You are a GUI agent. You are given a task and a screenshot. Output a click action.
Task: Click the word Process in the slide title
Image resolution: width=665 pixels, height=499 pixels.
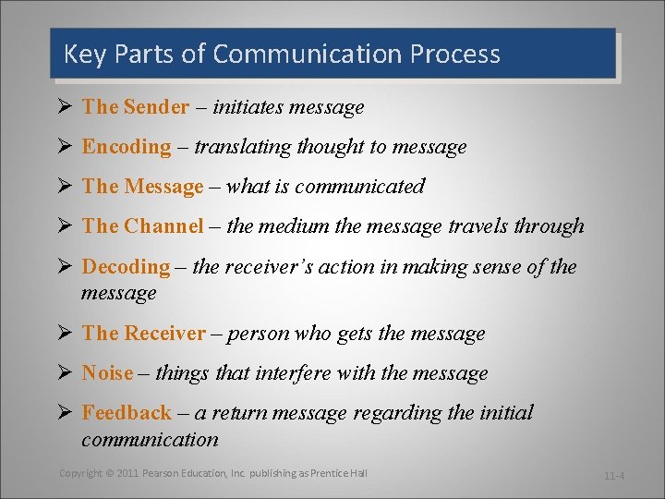[453, 55]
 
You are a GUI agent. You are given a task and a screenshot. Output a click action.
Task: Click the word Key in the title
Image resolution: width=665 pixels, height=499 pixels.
[80, 55]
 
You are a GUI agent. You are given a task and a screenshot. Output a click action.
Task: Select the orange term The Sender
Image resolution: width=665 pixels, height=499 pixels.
[135, 107]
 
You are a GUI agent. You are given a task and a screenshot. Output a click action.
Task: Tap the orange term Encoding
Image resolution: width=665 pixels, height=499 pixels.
[127, 147]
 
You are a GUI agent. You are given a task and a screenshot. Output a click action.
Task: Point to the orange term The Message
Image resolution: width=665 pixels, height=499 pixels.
[142, 187]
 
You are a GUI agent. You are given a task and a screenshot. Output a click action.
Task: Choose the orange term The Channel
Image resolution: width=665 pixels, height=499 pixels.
[142, 226]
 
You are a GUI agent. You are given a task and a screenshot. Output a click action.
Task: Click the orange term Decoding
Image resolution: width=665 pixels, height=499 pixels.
[126, 267]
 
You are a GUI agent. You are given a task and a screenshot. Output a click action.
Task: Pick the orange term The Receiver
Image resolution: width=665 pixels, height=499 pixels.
[143, 334]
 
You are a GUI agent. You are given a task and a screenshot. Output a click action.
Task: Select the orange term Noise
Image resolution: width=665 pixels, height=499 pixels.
[107, 373]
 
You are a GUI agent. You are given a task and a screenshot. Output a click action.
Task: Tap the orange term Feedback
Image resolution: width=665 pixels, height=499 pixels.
[127, 413]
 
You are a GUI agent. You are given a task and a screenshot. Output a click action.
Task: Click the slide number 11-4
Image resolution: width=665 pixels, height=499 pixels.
[615, 476]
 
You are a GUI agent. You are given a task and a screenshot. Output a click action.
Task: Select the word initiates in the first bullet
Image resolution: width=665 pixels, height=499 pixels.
[248, 107]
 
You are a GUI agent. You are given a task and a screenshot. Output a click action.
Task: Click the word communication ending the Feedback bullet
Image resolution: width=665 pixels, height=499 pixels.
[150, 440]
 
